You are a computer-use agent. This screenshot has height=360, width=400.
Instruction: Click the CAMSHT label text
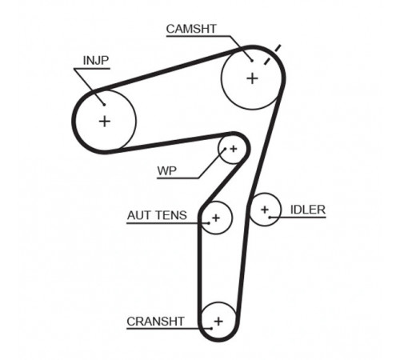tap(191, 29)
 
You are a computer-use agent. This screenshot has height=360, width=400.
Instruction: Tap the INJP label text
tap(96, 61)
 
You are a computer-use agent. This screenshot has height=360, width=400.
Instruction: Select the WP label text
tap(167, 170)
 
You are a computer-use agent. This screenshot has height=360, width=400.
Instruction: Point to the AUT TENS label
tap(157, 215)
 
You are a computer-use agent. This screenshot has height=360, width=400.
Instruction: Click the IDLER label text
tap(308, 210)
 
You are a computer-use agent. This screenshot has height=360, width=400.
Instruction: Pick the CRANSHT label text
tap(155, 322)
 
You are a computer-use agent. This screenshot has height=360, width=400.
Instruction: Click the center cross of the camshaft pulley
tap(252, 78)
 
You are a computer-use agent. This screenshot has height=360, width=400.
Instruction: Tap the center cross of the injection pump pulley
tap(105, 122)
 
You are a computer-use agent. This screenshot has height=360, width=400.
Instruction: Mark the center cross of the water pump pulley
tap(234, 149)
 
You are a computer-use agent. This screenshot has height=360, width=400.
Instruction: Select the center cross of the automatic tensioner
tap(216, 218)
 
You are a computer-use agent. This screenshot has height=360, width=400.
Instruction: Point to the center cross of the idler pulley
tap(265, 210)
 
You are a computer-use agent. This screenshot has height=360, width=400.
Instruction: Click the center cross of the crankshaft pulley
tap(218, 321)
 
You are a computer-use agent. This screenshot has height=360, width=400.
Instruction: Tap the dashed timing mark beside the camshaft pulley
tap(272, 54)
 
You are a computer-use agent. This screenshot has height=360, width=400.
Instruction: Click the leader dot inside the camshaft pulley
tap(252, 61)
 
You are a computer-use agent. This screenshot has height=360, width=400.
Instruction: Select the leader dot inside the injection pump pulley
tap(104, 105)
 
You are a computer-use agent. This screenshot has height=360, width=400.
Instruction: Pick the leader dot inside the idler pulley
tap(270, 218)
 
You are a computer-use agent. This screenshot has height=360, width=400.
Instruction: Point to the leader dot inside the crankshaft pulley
tap(211, 329)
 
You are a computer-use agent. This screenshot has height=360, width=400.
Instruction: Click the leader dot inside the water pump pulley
tap(225, 149)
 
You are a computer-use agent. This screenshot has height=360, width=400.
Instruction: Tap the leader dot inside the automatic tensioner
tap(209, 223)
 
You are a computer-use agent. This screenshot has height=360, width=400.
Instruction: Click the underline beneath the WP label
tap(178, 178)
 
